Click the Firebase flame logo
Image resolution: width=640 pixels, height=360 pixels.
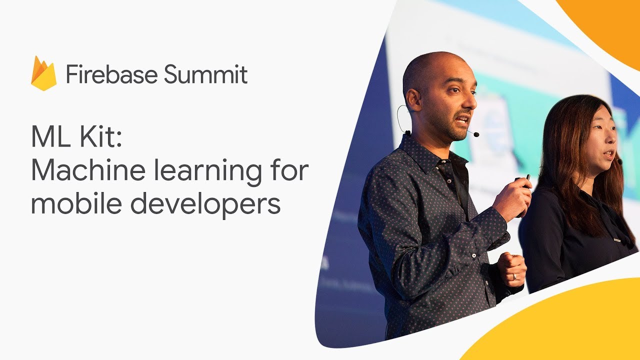44,73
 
